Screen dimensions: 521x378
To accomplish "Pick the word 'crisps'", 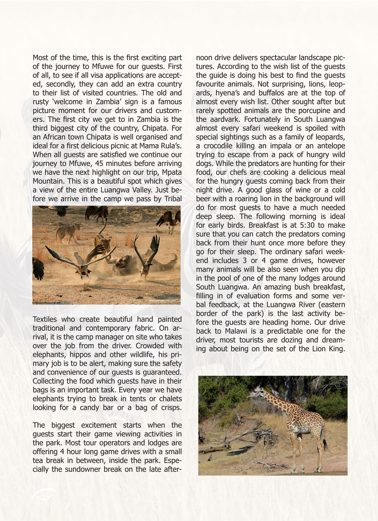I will [x=169, y=408].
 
